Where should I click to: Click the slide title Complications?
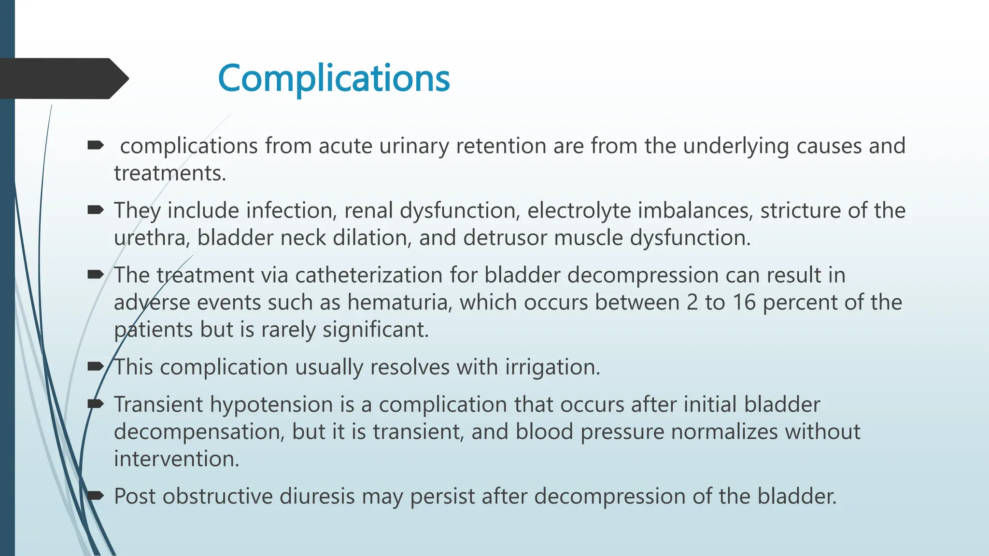pos(334,79)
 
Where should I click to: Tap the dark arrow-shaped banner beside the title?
pos(63,79)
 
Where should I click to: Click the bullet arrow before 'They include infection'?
pos(96,210)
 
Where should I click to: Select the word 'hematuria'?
pos(399,303)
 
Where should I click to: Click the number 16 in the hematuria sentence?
pos(744,303)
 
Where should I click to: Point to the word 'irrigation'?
pos(552,367)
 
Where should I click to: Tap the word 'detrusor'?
pos(507,238)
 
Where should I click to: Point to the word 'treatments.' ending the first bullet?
pos(170,173)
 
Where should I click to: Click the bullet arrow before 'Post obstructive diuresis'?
pos(96,495)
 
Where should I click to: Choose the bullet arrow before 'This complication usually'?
pos(96,366)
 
